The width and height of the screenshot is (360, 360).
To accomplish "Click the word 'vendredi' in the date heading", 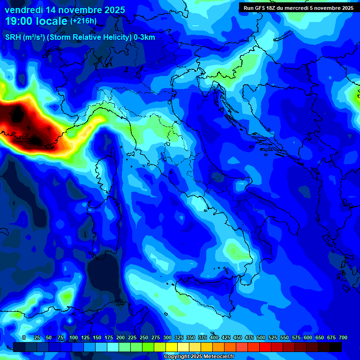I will [24, 10].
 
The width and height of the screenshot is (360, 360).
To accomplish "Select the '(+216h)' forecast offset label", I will [83, 21].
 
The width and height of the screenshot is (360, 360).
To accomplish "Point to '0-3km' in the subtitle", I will [144, 37].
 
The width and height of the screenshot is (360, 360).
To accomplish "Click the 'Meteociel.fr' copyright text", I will [215, 357].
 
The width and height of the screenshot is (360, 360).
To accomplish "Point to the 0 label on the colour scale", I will [24, 337].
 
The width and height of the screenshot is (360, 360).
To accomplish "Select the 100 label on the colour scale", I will [74, 337].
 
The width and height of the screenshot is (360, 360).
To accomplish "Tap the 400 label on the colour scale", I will [214, 337].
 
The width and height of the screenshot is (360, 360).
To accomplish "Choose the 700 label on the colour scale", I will [343, 337].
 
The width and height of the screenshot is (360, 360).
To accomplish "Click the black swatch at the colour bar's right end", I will [336, 347].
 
